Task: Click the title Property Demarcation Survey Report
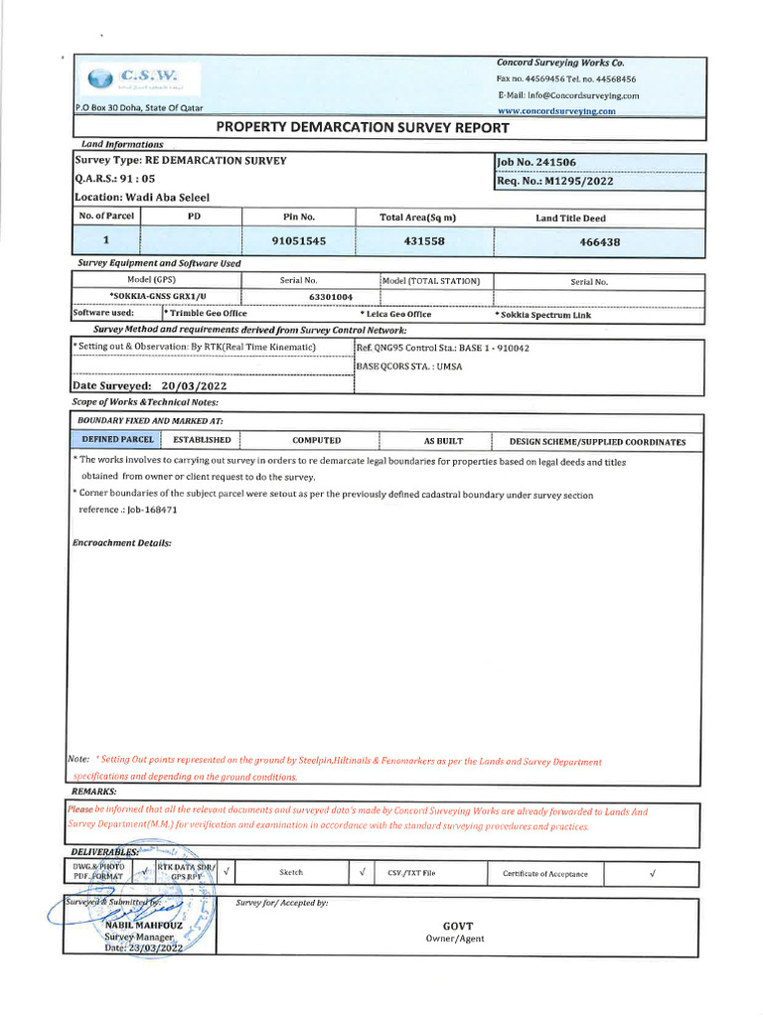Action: click(x=363, y=128)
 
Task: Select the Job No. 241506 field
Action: click(x=536, y=162)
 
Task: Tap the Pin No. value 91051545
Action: click(x=298, y=241)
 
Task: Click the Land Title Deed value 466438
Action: click(x=599, y=242)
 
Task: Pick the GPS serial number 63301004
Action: click(x=331, y=297)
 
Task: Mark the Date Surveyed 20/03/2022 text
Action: click(x=150, y=385)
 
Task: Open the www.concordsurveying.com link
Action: click(x=556, y=111)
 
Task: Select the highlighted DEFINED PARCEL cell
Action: click(x=117, y=440)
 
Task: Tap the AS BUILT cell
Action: click(x=443, y=441)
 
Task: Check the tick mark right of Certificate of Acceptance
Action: click(x=652, y=874)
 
